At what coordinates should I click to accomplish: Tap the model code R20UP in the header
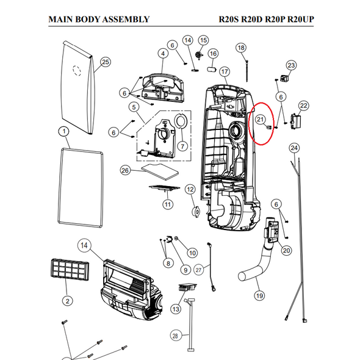click(301, 20)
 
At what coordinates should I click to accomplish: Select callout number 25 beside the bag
click(106, 62)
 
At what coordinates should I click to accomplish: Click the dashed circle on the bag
click(77, 71)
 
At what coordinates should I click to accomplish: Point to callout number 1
click(64, 132)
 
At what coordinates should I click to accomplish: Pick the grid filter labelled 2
click(70, 270)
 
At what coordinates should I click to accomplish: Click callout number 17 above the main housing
click(225, 72)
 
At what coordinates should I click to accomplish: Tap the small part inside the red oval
click(269, 127)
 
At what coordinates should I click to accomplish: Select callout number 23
click(291, 65)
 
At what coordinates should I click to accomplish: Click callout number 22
click(303, 106)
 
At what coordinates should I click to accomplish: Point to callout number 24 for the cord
click(294, 148)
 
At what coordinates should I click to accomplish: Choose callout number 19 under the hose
click(259, 295)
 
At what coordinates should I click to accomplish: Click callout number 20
click(286, 250)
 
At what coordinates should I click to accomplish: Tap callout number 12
click(190, 189)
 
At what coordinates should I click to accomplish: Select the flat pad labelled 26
click(160, 172)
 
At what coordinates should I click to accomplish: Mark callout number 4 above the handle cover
click(163, 54)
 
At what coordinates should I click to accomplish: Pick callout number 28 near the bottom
click(175, 336)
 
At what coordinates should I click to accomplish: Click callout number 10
click(192, 253)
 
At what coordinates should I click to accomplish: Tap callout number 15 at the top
click(203, 40)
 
